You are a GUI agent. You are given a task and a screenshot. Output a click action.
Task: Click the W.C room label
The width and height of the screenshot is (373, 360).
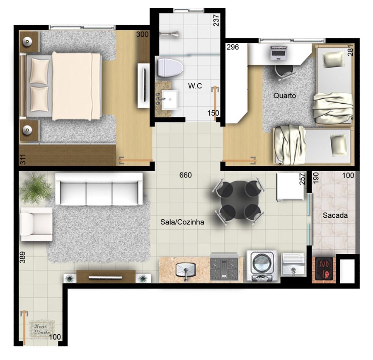point(195,86)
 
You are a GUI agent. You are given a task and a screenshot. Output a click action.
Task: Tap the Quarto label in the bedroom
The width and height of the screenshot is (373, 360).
point(284,96)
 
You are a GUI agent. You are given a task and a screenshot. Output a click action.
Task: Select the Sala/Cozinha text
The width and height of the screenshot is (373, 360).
point(182,222)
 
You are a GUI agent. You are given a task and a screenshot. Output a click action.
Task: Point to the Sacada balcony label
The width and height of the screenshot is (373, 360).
point(335,215)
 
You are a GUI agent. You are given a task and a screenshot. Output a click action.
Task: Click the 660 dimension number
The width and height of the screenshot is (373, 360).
point(185,175)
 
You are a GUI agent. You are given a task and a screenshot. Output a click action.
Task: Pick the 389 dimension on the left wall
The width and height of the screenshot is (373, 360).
point(22,257)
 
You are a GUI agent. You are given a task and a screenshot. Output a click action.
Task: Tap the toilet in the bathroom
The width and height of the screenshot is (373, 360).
point(170,68)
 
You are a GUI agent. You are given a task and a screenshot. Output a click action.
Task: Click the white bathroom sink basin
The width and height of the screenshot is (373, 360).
point(170,100)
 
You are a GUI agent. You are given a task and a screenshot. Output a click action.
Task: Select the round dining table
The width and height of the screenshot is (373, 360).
point(238,200)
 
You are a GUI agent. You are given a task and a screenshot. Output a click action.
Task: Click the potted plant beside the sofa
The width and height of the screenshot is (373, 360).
point(36,188)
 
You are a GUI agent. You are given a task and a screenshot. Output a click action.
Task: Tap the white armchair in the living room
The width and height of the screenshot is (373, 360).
point(36,224)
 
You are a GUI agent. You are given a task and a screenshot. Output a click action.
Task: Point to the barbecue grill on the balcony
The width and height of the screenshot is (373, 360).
point(324,270)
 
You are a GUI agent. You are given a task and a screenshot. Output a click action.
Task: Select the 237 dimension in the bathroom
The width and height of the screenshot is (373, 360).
point(216,20)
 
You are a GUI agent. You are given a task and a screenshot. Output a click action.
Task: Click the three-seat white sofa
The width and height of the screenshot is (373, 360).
point(99,189)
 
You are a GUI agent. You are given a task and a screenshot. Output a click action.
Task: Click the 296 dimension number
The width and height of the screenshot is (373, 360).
point(233,47)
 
